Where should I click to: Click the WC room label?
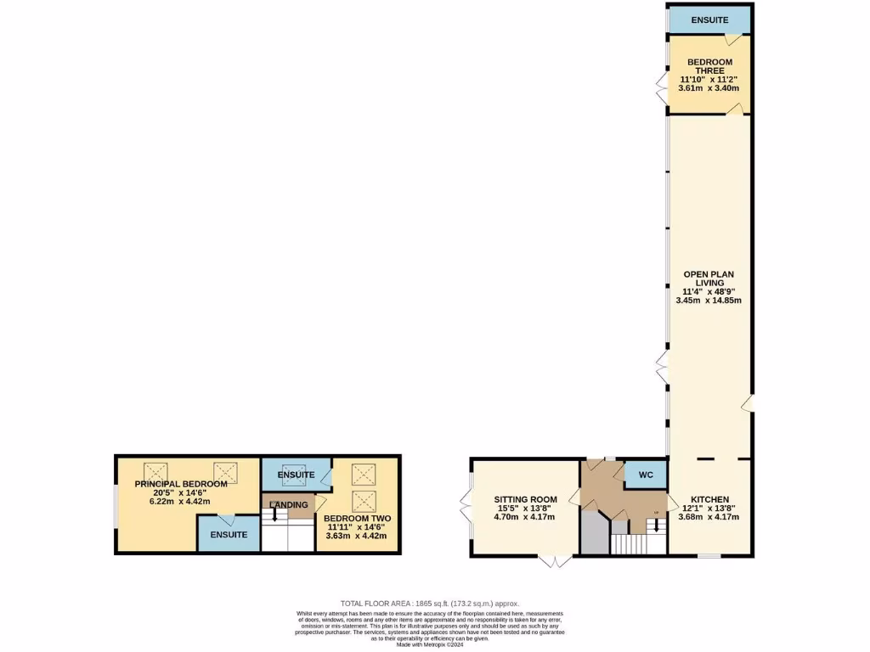click(x=646, y=475)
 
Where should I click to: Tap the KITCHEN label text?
click(x=709, y=499)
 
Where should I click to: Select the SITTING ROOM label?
click(x=526, y=499)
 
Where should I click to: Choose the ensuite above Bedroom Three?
click(x=709, y=20)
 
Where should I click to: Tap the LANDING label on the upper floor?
click(x=289, y=505)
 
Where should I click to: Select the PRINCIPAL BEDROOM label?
click(x=181, y=484)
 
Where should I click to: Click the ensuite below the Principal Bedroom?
click(x=229, y=535)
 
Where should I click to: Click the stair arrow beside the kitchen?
click(x=655, y=526)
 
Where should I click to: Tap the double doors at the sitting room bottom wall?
click(x=556, y=560)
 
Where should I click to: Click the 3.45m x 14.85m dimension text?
click(x=709, y=300)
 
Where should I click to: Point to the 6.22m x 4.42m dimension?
click(x=181, y=501)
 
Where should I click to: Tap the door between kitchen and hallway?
click(x=669, y=500)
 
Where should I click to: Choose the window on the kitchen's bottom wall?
click(x=709, y=557)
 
